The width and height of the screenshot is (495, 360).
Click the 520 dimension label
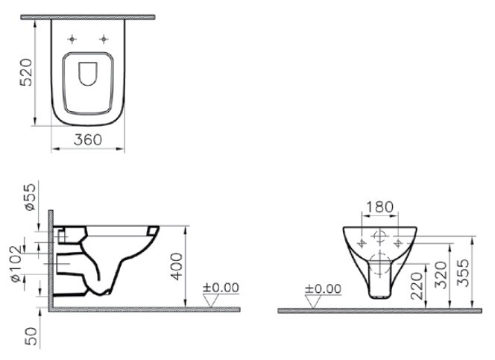pos(25,72)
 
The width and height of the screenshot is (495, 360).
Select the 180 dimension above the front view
pos(380,206)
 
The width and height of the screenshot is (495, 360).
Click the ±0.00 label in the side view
pos(221,287)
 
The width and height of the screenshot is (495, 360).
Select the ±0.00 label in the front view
pos(323,288)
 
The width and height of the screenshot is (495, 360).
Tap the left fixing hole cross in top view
pos(72,38)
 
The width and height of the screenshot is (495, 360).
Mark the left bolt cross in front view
pos(362,243)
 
